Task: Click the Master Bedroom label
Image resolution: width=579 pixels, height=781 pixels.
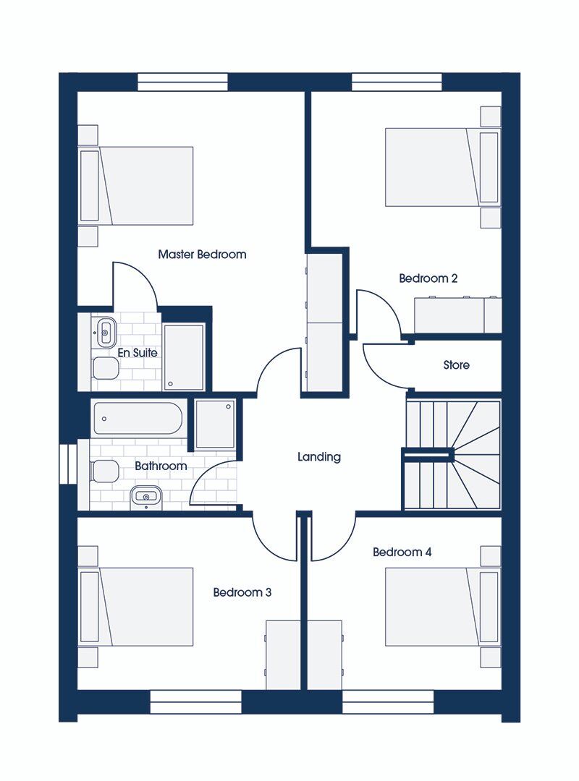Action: click(x=202, y=255)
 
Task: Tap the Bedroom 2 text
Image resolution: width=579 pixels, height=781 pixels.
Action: click(x=428, y=278)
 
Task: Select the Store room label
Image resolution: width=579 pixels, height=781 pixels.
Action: click(x=456, y=365)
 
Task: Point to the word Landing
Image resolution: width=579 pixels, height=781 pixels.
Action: click(x=318, y=457)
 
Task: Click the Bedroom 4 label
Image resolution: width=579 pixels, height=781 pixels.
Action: click(x=402, y=552)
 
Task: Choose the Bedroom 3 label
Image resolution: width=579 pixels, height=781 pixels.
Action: click(x=242, y=592)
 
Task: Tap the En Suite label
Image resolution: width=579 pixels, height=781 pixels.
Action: click(x=138, y=353)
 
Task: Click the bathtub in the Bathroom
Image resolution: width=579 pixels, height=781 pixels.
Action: click(x=135, y=419)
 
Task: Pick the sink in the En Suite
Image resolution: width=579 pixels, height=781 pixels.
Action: click(x=104, y=333)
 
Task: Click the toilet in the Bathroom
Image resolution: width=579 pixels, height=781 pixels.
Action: click(x=104, y=472)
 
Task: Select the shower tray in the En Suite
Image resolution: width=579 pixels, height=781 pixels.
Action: click(x=184, y=357)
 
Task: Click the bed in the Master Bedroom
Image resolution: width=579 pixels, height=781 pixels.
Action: click(x=137, y=186)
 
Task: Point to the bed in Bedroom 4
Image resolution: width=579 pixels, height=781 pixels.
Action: click(x=441, y=607)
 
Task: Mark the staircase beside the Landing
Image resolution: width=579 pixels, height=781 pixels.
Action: click(x=452, y=454)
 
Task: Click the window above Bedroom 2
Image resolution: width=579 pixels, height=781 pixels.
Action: click(x=397, y=82)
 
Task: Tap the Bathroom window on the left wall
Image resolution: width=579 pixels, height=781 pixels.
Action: click(x=67, y=463)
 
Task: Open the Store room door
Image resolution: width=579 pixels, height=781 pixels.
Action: click(x=384, y=365)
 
